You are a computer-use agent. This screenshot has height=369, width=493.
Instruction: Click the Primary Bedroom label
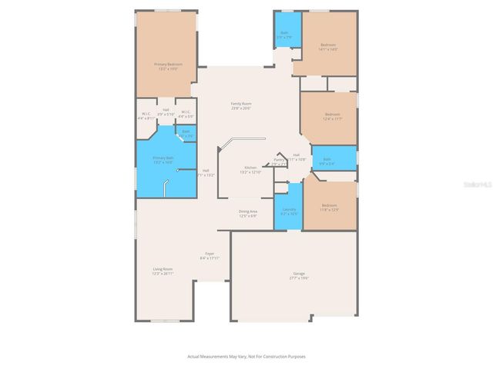coord(168,67)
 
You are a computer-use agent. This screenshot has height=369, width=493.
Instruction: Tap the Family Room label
coord(241,106)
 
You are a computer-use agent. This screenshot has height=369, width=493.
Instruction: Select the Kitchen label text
coord(251,169)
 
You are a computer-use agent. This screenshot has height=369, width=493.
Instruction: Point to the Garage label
coord(299,275)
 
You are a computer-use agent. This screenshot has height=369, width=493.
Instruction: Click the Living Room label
coord(163,271)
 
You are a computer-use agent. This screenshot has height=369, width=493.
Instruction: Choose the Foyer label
coord(209,256)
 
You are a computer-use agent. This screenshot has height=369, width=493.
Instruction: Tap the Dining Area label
coord(247,213)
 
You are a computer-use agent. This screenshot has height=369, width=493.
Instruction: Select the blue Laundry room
coord(289,211)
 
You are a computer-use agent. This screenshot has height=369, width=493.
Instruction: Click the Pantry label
coord(279,162)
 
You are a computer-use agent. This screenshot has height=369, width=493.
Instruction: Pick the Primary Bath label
coord(163,159)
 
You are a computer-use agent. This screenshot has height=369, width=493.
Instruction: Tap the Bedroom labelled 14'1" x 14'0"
coord(328,47)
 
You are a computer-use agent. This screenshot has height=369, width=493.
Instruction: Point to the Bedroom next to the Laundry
coord(329,207)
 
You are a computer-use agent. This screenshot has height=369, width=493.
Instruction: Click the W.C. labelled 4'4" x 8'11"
coord(146,116)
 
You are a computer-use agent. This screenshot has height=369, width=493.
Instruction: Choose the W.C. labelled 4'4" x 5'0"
coord(186,115)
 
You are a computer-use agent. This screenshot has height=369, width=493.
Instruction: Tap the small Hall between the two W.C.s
coord(166,112)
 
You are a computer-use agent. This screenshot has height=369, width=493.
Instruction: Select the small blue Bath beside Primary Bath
coord(186,133)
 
